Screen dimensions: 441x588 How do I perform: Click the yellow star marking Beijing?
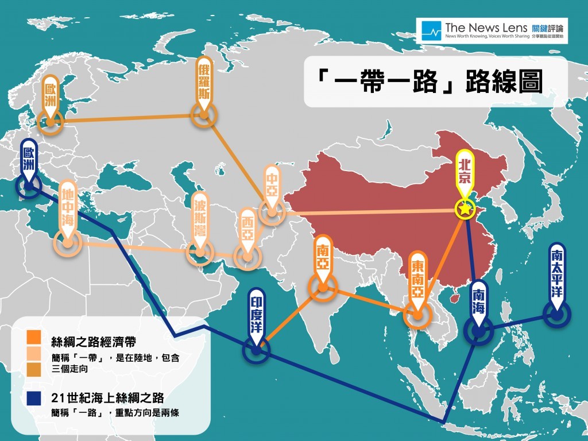tap(463, 210)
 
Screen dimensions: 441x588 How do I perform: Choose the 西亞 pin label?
tap(247, 229)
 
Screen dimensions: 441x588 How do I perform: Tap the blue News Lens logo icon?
tap(431, 30)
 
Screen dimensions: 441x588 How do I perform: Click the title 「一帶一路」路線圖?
tap(430, 82)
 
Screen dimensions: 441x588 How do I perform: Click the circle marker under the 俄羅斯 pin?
tap(204, 115)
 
